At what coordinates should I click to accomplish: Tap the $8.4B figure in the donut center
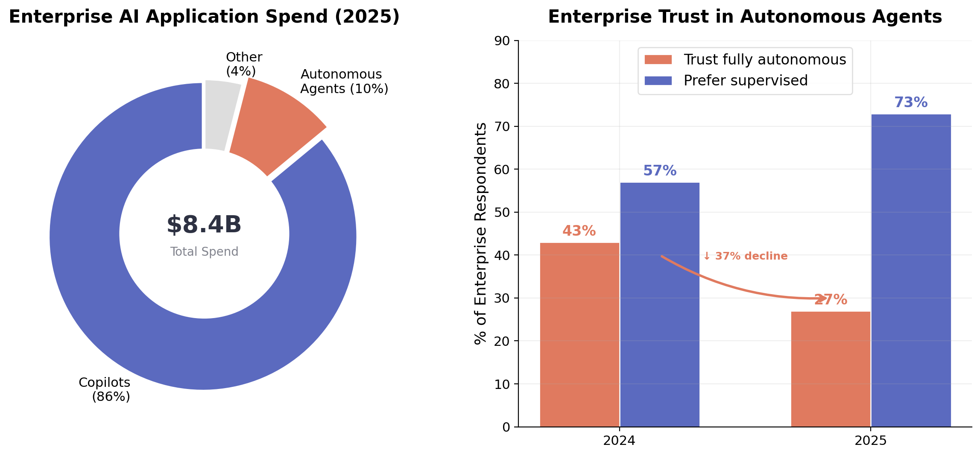tap(204, 225)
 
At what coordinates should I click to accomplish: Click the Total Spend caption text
tap(204, 252)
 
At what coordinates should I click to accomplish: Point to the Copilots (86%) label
tap(105, 389)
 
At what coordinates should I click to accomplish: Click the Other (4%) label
tap(243, 64)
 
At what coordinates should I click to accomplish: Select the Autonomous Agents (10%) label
tap(344, 82)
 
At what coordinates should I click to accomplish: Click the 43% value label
tap(579, 231)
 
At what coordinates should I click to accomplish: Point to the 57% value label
tap(660, 171)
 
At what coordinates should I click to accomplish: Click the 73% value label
tap(911, 102)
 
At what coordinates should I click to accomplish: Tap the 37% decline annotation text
tap(745, 256)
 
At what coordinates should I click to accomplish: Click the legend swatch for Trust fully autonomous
tap(658, 60)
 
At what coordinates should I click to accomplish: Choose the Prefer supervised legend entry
tap(745, 81)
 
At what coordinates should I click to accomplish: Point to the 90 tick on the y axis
tap(502, 41)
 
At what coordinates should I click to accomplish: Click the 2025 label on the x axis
tap(870, 441)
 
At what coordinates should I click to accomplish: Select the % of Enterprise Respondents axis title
tap(481, 234)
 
